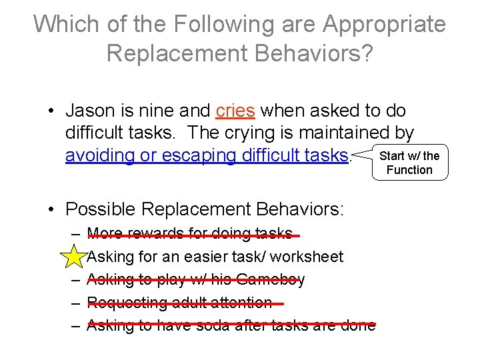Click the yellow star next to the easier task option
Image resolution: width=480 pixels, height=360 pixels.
pyautogui.click(x=76, y=256)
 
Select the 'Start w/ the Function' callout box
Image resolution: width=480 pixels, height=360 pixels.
pyautogui.click(x=409, y=163)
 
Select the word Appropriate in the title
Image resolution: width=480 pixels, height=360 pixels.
pyautogui.click(x=385, y=24)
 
